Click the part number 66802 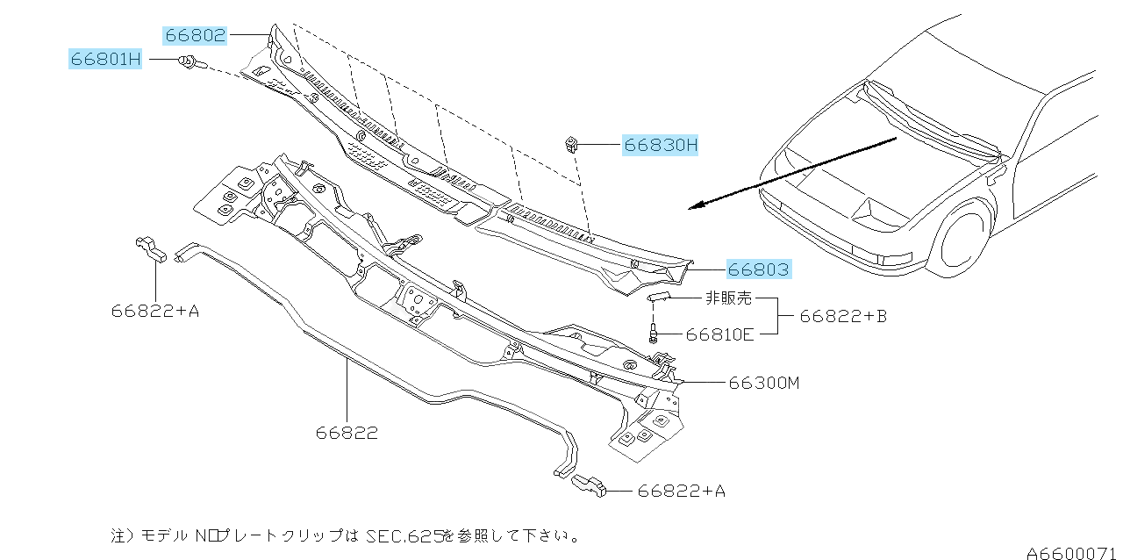pos(195,36)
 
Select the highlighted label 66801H pos(105,60)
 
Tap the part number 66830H pos(661,145)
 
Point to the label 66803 pos(759,269)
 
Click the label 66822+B pos(842,315)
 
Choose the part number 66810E pos(719,334)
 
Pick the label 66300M pos(763,383)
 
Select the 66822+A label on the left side pos(155,310)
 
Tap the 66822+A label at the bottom pos(682,492)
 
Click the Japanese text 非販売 pos(728,298)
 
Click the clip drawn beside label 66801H pos(190,62)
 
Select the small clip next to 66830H pos(570,142)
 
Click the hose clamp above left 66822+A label pos(151,249)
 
